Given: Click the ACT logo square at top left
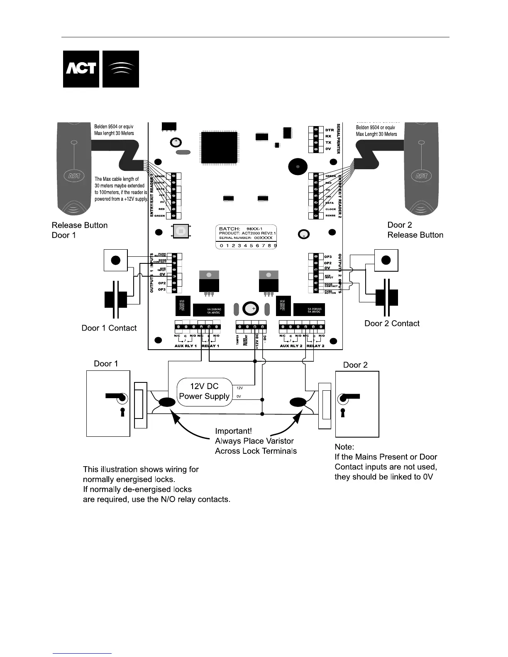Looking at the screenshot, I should pyautogui.click(x=81, y=69).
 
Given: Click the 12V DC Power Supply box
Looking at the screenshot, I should pyautogui.click(x=204, y=391).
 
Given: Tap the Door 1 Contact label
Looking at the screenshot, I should pyautogui.click(x=109, y=328).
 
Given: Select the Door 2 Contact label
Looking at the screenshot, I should pyautogui.click(x=392, y=324).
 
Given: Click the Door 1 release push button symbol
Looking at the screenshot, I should pyautogui.click(x=116, y=260).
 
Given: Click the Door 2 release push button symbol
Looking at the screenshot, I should pyautogui.click(x=386, y=260).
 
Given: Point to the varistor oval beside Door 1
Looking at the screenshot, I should pyautogui.click(x=167, y=402).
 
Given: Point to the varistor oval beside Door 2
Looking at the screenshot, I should pyautogui.click(x=298, y=402).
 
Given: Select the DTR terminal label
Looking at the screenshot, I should pyautogui.click(x=329, y=130).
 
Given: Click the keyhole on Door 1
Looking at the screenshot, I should pyautogui.click(x=122, y=412).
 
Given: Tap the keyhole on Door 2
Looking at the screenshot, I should pyautogui.click(x=342, y=413).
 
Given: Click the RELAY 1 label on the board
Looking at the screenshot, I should pyautogui.click(x=210, y=346).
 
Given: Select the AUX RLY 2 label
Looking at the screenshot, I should pyautogui.click(x=291, y=346).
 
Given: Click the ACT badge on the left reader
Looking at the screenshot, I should pyautogui.click(x=74, y=175).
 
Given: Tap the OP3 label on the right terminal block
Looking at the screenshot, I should pyautogui.click(x=328, y=257).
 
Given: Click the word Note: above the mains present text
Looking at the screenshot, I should pyautogui.click(x=344, y=447).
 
